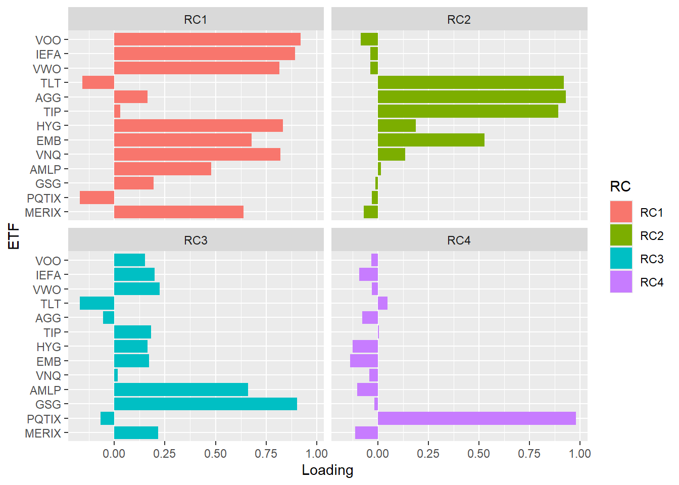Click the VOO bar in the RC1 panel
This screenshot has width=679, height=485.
coord(207,39)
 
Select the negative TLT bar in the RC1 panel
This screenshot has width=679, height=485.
coord(98,82)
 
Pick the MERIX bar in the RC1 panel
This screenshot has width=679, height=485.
coord(178,212)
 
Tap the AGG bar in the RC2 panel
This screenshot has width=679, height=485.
coord(471,97)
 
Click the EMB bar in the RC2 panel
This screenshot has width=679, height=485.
coord(431,140)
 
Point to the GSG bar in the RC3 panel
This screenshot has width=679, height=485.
coord(205,404)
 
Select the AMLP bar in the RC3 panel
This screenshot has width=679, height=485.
coord(181,390)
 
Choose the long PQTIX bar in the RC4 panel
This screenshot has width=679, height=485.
coord(476,418)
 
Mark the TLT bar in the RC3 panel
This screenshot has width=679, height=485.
coord(97,303)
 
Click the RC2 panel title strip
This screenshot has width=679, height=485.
coord(459,20)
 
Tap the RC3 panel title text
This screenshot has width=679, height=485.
coord(196,240)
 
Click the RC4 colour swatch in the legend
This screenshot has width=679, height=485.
coord(621,282)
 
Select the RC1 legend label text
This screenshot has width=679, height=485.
coord(651,213)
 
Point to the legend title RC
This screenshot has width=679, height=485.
coord(620,186)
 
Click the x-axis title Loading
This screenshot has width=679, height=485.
coord(327,470)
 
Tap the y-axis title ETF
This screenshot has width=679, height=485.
coord(14,236)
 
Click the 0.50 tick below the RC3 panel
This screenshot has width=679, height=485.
coord(215,453)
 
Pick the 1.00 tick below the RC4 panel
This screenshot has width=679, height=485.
coord(579,453)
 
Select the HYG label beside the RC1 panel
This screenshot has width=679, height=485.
coord(48,126)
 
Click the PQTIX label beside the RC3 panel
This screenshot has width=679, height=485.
coord(44,419)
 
